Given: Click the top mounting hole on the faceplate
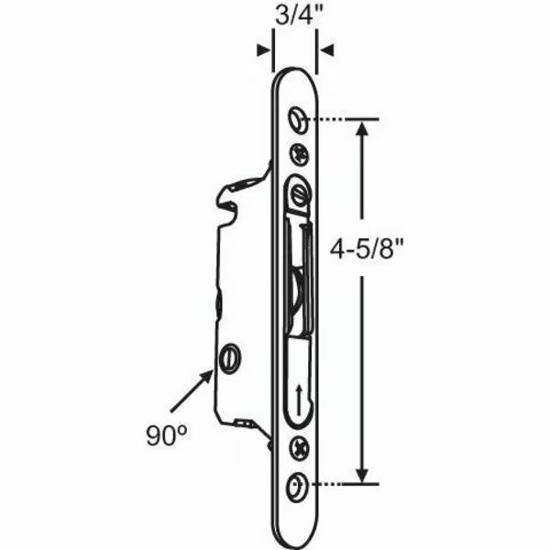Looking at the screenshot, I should (x=296, y=119).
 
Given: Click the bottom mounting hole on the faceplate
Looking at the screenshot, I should (x=296, y=484).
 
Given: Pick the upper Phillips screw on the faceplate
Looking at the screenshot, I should (x=298, y=154).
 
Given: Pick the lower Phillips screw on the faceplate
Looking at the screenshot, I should (x=298, y=448).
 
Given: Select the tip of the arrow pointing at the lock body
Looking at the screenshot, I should (x=216, y=366).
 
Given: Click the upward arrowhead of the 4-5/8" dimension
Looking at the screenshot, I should (x=365, y=129).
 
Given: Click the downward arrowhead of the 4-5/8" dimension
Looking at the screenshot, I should (x=365, y=474).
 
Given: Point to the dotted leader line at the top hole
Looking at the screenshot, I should (x=334, y=119).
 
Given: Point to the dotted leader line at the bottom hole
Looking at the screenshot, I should (x=334, y=483).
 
